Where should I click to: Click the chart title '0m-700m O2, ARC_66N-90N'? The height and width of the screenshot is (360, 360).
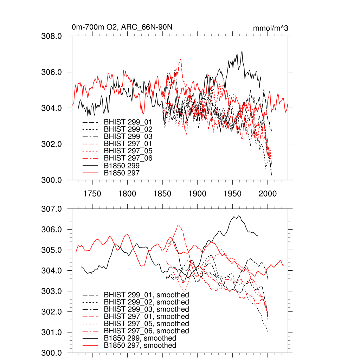coord(122,27)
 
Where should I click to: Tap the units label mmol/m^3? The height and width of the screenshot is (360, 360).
coord(270,28)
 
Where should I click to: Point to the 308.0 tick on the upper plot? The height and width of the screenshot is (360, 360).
coord(52,36)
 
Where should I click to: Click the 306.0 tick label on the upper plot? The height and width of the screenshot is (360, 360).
coord(52,72)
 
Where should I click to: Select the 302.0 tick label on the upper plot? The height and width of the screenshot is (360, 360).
coord(52,144)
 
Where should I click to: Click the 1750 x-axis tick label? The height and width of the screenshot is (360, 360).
coord(92,194)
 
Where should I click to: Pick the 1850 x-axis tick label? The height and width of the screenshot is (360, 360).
coord(162,194)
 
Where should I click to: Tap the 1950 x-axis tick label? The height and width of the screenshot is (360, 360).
coord(232,194)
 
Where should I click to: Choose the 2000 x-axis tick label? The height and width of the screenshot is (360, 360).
coord(268,194)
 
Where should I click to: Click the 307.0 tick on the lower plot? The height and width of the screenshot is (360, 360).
coord(52,209)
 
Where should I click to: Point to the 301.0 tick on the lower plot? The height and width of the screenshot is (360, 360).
coord(52,333)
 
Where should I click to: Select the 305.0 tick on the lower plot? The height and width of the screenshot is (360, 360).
coord(52,250)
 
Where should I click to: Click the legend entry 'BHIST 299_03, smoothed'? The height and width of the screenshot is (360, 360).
coord(146,309)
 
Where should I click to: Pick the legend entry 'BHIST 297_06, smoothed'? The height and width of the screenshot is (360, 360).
coord(146,331)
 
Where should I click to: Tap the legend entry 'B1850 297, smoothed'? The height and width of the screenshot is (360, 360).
coord(140,346)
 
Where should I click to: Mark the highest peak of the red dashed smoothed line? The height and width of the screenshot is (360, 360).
coord(179,225)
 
